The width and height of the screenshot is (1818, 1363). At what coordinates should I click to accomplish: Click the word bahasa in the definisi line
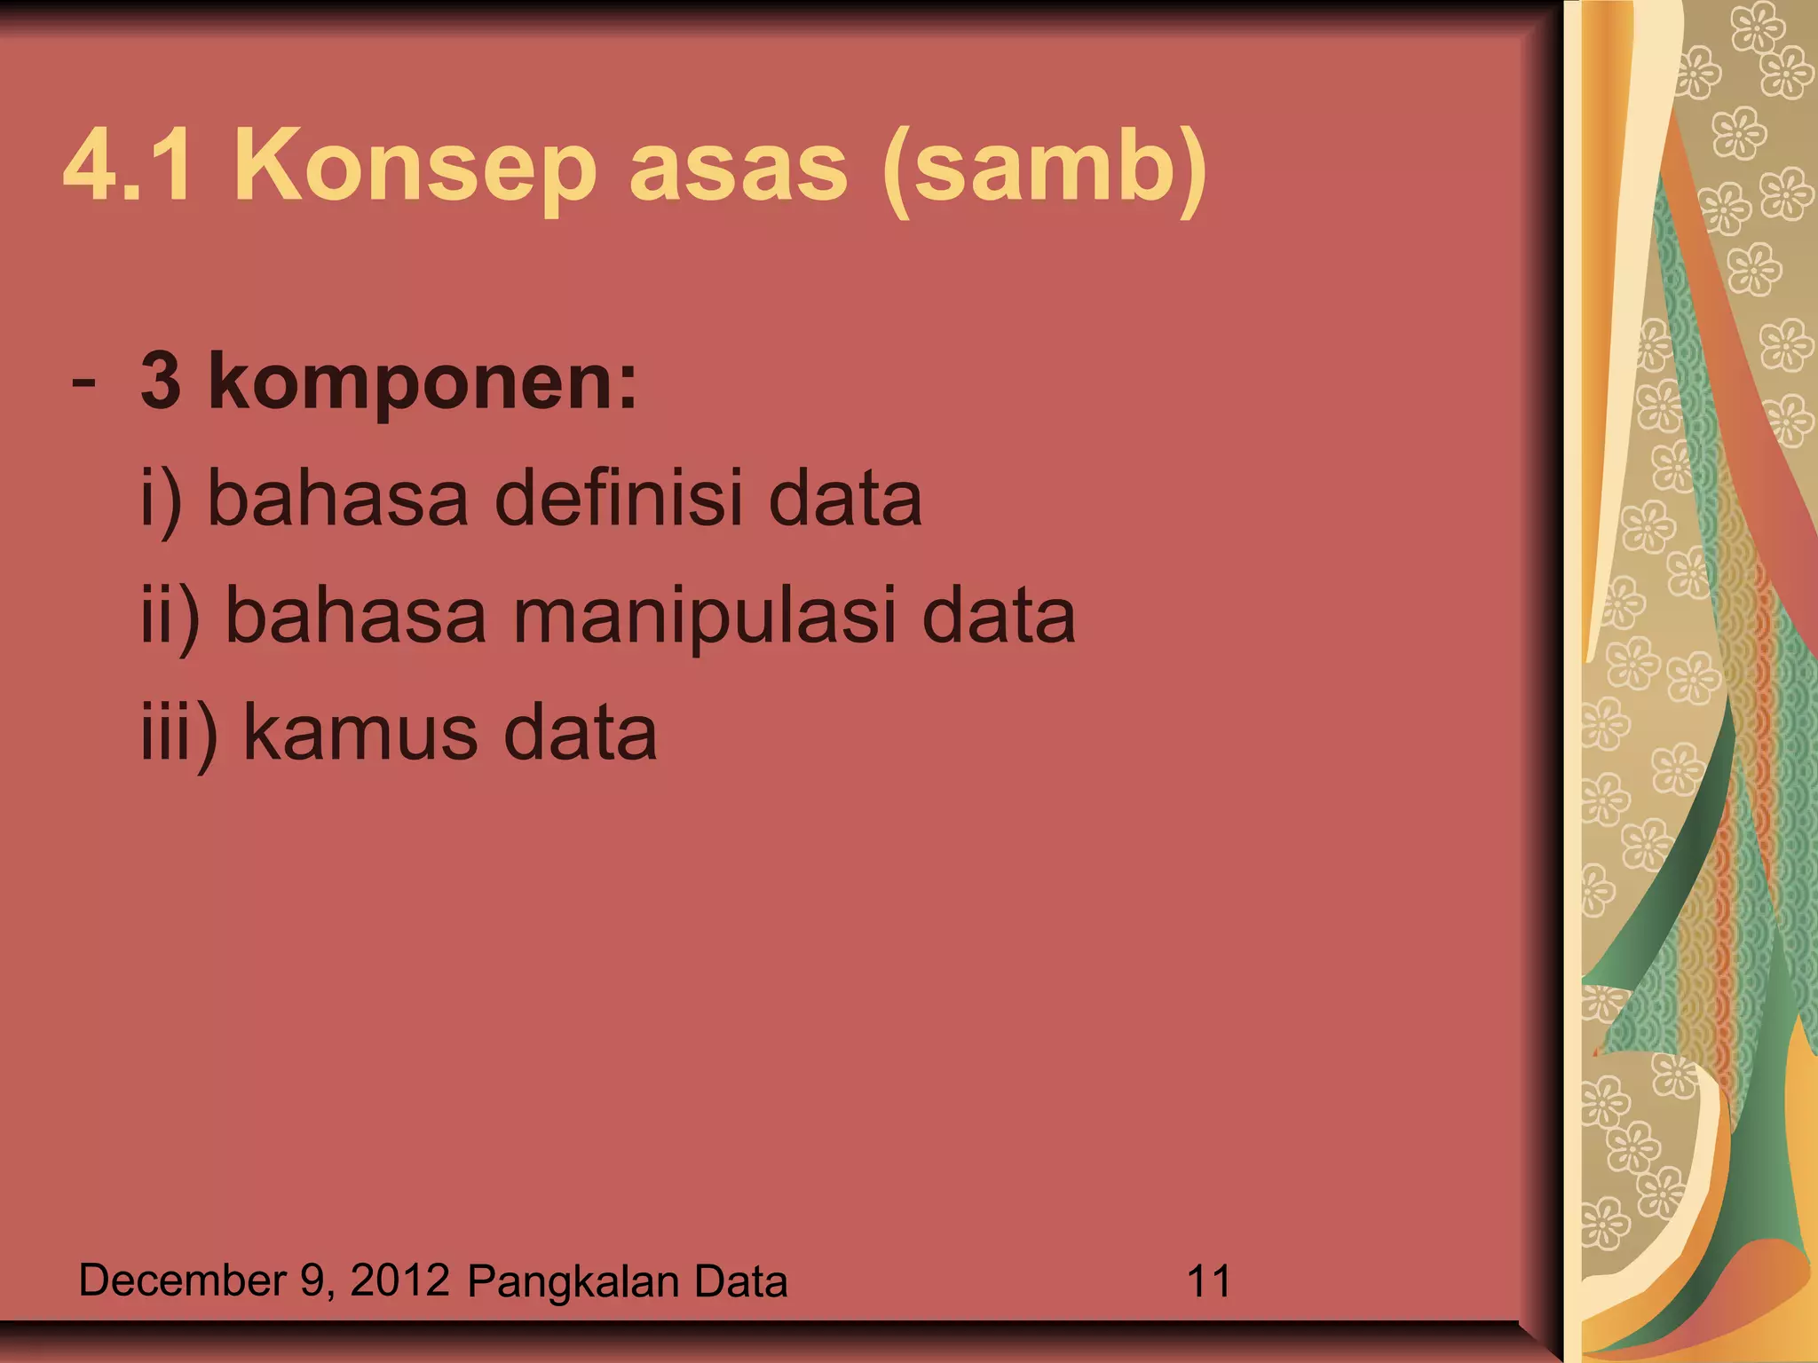coord(337,499)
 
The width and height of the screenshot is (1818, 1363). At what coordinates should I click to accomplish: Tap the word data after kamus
coord(580,733)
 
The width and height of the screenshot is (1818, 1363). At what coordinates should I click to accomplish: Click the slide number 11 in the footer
coord(1208,1281)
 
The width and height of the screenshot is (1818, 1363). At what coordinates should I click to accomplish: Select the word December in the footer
coord(182,1281)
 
